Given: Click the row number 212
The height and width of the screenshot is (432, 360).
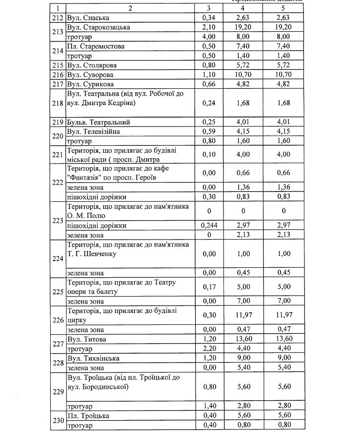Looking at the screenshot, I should [x=59, y=18].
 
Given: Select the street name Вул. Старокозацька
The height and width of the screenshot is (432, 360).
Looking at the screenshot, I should [x=98, y=27].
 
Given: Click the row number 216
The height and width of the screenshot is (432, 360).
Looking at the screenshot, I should [x=59, y=74].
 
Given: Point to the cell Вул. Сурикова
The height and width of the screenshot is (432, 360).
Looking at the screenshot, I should [x=89, y=84].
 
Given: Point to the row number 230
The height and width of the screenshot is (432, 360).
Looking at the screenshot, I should [x=59, y=421].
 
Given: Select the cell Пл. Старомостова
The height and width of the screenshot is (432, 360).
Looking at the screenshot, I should [x=95, y=46].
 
